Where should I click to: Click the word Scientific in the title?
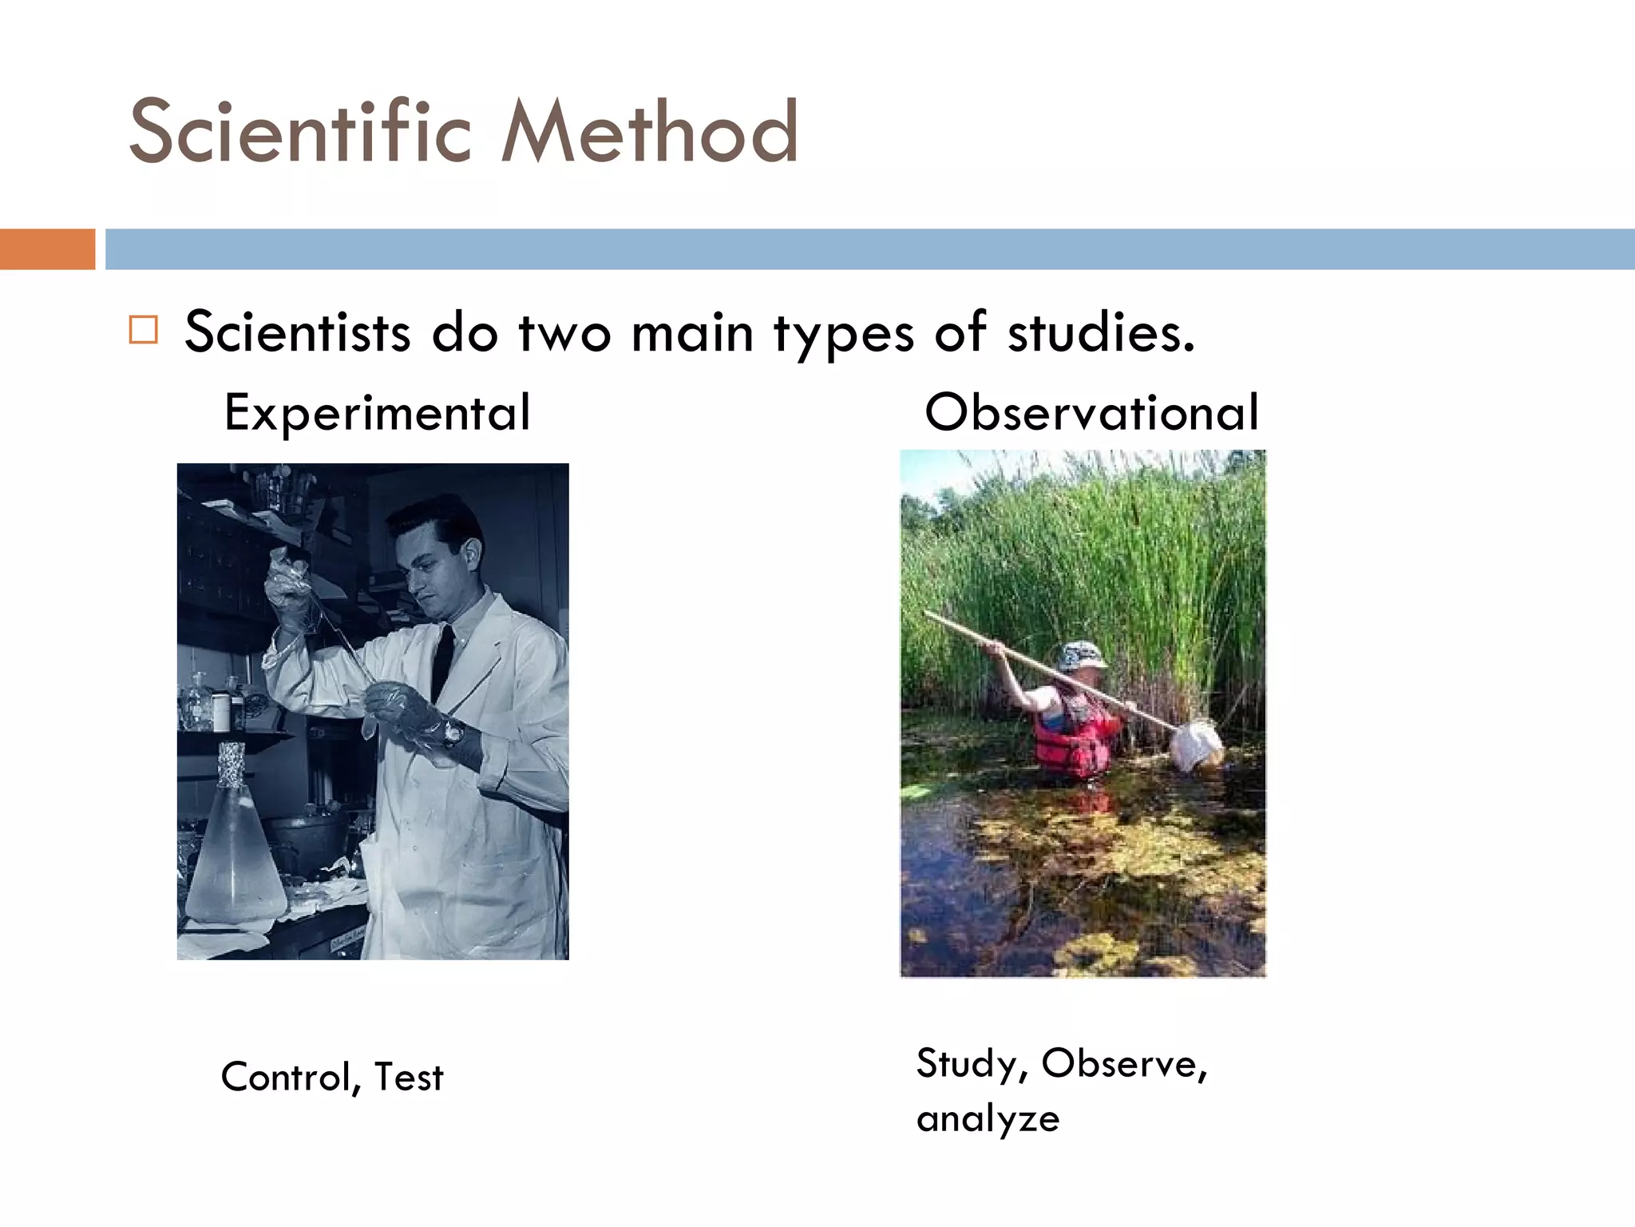point(300,132)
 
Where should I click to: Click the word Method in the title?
point(650,132)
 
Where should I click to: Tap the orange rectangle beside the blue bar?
point(47,249)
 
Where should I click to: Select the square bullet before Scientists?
point(144,329)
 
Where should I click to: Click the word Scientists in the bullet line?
point(298,332)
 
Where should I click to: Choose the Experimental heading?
point(377,413)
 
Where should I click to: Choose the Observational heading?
point(1091,413)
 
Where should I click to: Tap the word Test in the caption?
point(409,1077)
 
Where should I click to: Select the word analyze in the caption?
point(988,1119)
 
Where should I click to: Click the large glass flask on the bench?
point(234,855)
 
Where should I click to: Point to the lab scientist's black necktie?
point(442,660)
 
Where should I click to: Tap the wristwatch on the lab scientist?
point(453,732)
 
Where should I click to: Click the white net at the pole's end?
point(1196,745)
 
